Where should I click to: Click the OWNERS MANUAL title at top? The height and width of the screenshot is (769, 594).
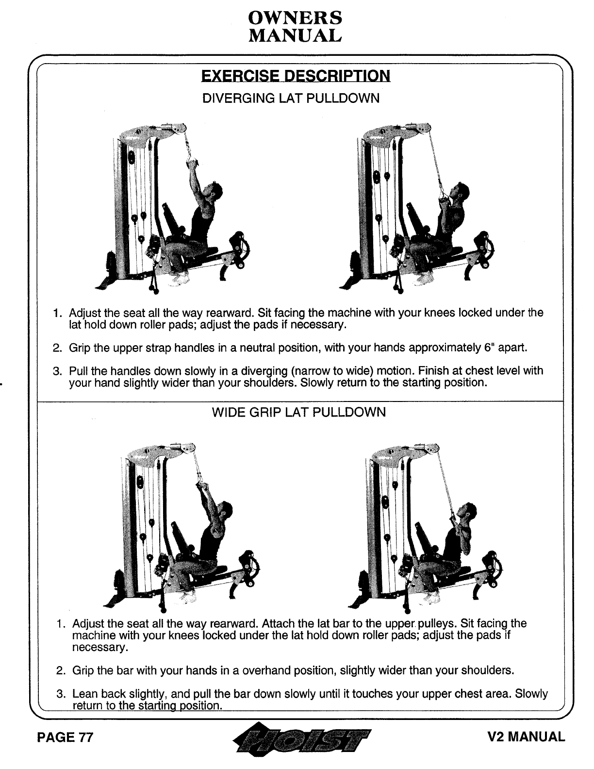pos(295,26)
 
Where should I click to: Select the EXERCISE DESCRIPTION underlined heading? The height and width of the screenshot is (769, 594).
pos(295,76)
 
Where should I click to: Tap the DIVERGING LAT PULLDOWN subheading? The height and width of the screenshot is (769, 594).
pos(290,99)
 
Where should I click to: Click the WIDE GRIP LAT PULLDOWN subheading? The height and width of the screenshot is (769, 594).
pos(299,413)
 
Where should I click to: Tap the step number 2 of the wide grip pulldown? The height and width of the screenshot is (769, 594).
pos(60,671)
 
